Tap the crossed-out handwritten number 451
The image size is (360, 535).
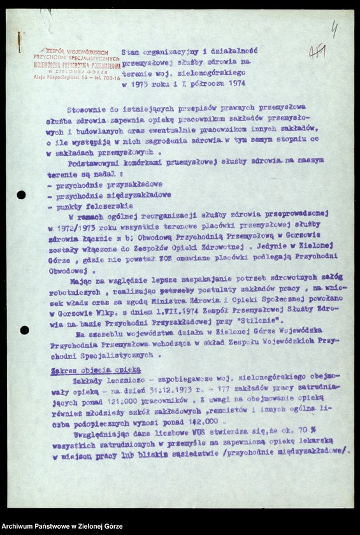click(x=318, y=52)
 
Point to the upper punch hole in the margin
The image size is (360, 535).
click(x=21, y=195)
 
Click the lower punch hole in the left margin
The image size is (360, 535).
click(x=24, y=330)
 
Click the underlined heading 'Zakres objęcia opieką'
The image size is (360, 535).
click(x=98, y=369)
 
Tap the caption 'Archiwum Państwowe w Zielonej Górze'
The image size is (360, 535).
click(x=62, y=526)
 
